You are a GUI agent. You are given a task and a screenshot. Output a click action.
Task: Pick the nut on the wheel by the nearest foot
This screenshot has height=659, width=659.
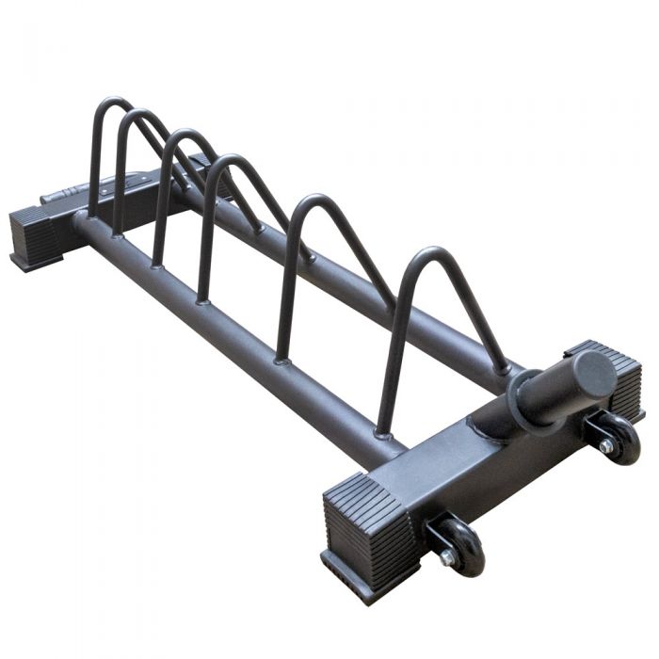click(x=450, y=557)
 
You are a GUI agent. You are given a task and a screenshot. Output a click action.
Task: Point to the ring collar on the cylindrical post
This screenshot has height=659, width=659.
click(x=521, y=394)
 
